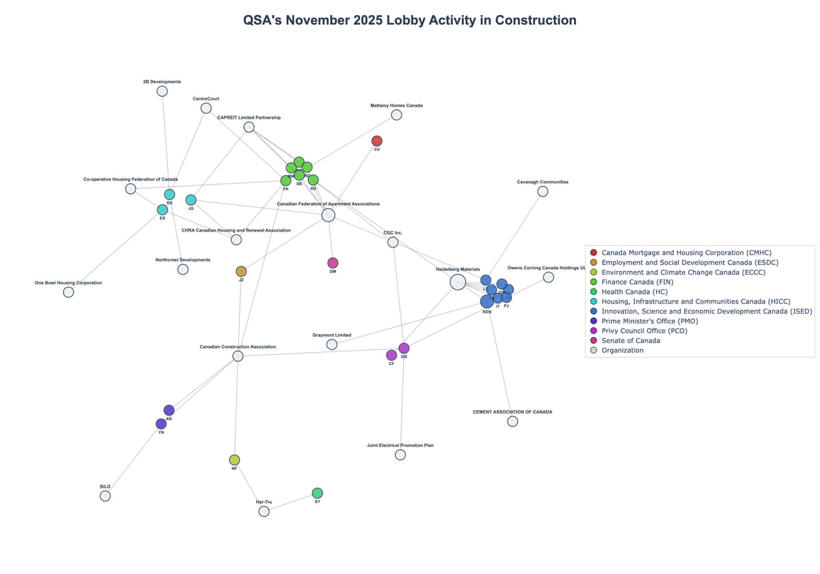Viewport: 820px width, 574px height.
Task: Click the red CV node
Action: tap(377, 141)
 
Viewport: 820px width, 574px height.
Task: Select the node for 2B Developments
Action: tap(162, 91)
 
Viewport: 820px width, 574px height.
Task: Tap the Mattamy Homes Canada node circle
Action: tap(396, 115)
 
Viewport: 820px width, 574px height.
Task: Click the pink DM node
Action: tap(333, 263)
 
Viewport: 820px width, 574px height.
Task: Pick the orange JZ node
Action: tap(241, 271)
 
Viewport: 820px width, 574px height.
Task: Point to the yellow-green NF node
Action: tap(234, 460)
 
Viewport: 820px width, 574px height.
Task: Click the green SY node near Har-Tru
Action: tap(317, 493)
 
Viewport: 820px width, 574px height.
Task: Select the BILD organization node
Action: tap(105, 496)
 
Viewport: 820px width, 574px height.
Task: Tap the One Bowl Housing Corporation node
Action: tap(68, 292)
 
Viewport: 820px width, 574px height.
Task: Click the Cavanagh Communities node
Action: tap(543, 191)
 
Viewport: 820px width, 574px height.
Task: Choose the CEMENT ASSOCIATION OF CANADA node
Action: tap(512, 422)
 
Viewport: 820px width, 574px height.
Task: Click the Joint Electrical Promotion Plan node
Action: tap(400, 454)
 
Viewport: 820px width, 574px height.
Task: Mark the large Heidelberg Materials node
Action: tap(458, 282)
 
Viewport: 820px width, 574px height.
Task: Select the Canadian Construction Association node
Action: tap(238, 356)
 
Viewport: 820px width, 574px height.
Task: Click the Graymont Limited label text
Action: tap(331, 336)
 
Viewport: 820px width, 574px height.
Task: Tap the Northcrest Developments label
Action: tap(182, 260)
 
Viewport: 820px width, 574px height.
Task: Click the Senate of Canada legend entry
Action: tap(630, 340)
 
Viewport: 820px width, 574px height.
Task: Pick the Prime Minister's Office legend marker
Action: tap(593, 321)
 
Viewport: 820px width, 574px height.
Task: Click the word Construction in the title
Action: tap(535, 20)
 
